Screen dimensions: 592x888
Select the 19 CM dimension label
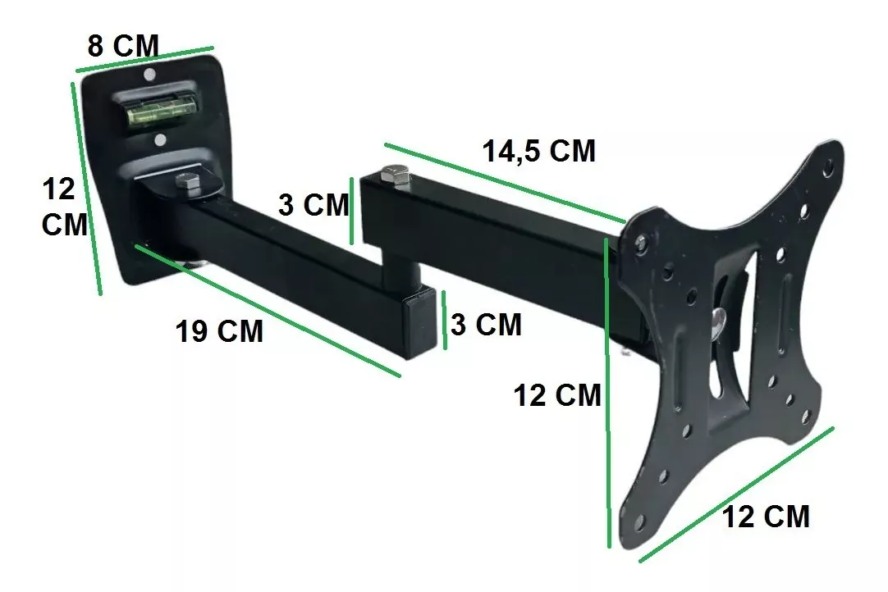[219, 331]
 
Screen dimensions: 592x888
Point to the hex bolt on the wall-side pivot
[185, 184]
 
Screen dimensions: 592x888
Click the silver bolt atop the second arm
[394, 175]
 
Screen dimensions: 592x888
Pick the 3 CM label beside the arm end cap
[486, 325]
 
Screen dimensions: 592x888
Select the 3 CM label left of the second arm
[314, 205]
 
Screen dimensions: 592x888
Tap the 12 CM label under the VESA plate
[765, 517]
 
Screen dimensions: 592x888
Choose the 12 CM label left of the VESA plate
[557, 395]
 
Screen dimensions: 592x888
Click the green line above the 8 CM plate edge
[144, 59]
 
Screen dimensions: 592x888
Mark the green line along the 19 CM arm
[268, 311]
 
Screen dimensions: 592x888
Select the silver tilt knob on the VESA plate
[720, 321]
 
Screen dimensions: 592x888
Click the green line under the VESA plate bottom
[736, 494]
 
